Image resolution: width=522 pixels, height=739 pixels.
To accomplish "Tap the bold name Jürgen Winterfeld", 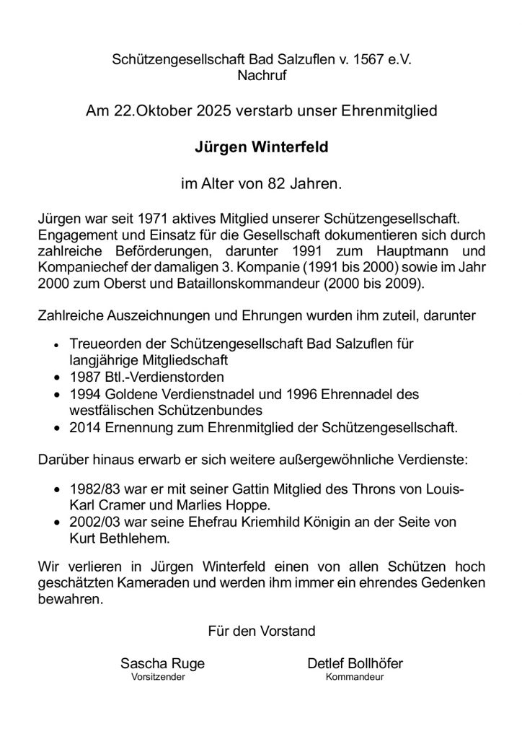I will tap(260, 147).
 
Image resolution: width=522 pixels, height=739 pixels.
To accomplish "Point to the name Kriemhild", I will tap(275, 521).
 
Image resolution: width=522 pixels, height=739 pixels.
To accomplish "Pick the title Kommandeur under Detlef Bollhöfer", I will tap(355, 678).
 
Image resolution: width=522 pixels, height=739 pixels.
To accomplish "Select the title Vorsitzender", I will tap(157, 678).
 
